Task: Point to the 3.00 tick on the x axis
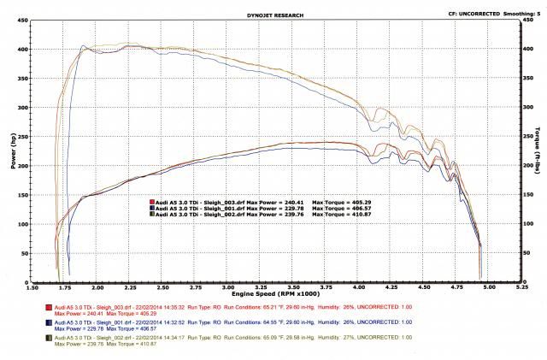[x=228, y=288]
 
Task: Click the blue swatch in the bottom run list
[x=43, y=322]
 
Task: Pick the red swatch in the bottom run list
[x=43, y=306]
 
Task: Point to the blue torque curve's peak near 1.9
[x=83, y=46]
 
